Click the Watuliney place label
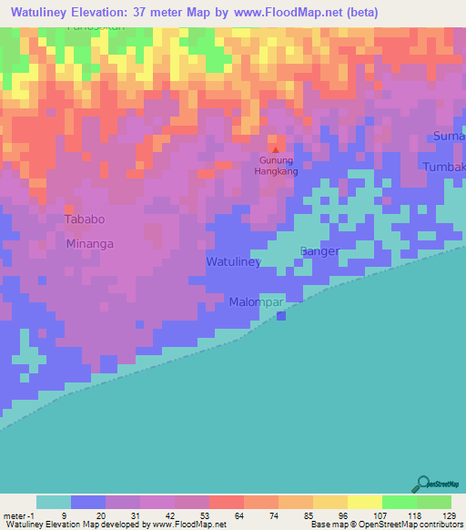234,262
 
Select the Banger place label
319,251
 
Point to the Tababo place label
85,219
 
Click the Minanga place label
89,244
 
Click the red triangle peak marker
275,148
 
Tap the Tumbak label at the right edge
444,167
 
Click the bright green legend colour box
399,502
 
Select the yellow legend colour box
364,502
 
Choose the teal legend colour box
54,502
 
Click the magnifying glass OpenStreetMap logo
421,484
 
